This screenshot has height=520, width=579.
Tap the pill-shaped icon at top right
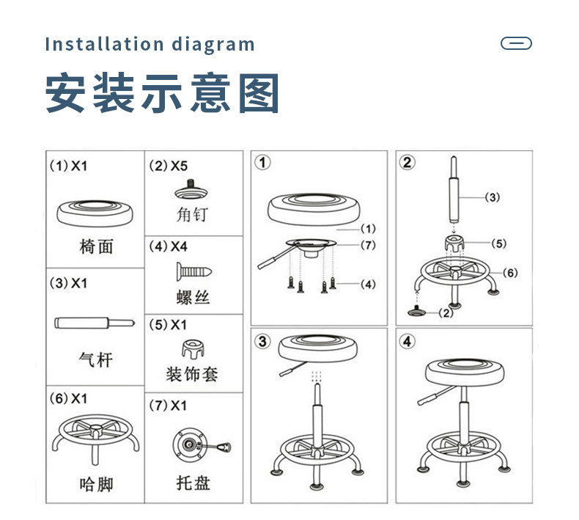point(516,43)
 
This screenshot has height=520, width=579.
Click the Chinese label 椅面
point(96,246)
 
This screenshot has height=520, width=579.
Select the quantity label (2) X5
point(169,166)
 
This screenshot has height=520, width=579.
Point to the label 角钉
point(193,216)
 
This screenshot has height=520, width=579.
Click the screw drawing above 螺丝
point(193,273)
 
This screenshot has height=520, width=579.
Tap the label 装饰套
point(193,376)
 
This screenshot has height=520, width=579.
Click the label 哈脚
point(96,484)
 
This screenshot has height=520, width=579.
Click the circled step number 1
point(262,162)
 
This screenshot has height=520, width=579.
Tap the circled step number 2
point(407,162)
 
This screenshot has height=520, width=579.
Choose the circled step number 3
point(263,341)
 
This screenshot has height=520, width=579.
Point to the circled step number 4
point(407,341)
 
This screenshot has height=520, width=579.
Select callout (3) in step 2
point(493,197)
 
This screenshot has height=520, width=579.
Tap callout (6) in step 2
point(510,273)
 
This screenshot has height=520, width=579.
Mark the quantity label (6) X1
point(68,398)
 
